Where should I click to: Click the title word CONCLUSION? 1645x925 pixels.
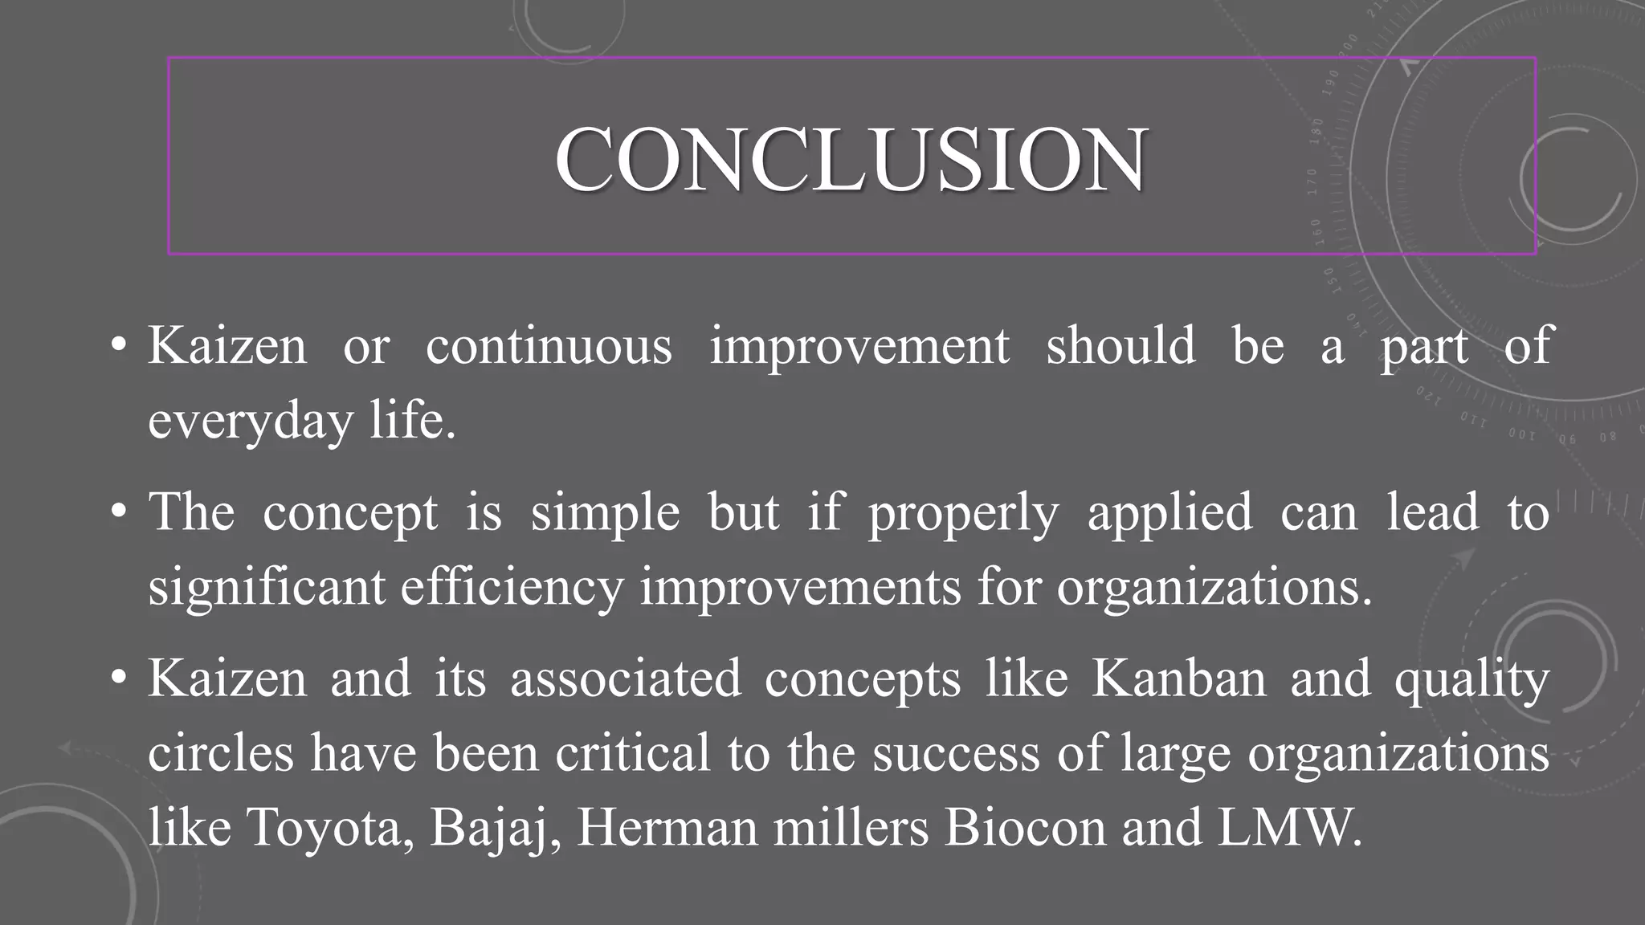click(851, 160)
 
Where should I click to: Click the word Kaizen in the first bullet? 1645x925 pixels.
click(227, 346)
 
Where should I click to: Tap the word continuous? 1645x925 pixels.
click(549, 346)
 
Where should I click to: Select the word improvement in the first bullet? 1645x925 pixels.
click(859, 346)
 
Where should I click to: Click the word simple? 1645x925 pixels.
click(605, 513)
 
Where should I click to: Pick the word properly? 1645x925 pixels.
click(963, 513)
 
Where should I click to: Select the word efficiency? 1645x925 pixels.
click(512, 587)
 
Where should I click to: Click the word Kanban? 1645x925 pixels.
click(1178, 679)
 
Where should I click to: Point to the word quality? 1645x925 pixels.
click(1472, 679)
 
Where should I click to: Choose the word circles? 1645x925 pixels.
click(221, 754)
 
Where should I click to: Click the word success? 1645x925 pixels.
click(956, 754)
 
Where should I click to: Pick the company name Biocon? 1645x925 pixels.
click(1024, 828)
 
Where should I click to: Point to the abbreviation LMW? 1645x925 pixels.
click(1288, 828)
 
